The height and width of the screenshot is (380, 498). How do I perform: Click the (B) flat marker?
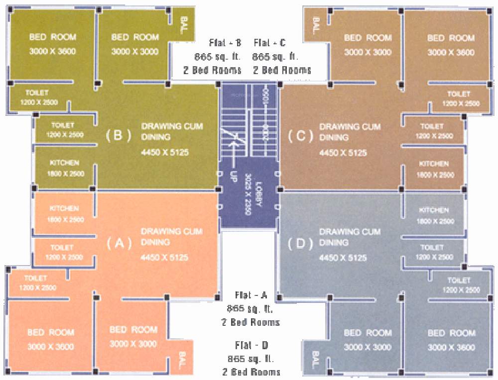pyautogui.click(x=119, y=135)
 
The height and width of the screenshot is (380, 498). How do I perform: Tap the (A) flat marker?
pyautogui.click(x=119, y=243)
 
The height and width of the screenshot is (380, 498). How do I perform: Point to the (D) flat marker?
pyautogui.click(x=300, y=244)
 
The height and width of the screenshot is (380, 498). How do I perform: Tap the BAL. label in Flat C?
pyautogui.click(x=315, y=25)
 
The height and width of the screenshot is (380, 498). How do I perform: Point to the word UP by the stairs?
pyautogui.click(x=233, y=177)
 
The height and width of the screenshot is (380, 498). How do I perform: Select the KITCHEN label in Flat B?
pyautogui.click(x=64, y=163)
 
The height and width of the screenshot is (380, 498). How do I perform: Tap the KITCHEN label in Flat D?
pyautogui.click(x=434, y=210)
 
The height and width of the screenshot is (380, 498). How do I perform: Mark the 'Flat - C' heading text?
pyautogui.click(x=269, y=43)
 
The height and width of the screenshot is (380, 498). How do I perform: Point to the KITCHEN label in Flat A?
pyautogui.click(x=64, y=208)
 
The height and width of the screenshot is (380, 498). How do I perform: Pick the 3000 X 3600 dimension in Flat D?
pyautogui.click(x=451, y=347)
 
